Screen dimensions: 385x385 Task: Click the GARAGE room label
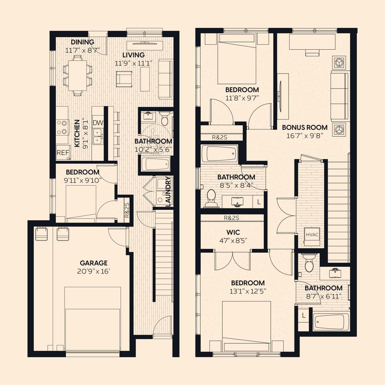pyautogui.click(x=94, y=263)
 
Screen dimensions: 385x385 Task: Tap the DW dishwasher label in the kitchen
pyautogui.click(x=98, y=123)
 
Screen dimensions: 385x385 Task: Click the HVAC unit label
pyautogui.click(x=312, y=235)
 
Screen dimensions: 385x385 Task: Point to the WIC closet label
pyautogui.click(x=233, y=232)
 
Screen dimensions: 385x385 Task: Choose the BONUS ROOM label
pyautogui.click(x=305, y=127)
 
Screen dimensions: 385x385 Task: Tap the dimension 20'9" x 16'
pyautogui.click(x=94, y=271)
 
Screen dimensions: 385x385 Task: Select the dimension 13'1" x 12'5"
pyautogui.click(x=248, y=291)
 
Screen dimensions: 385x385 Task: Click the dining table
pyautogui.click(x=77, y=75)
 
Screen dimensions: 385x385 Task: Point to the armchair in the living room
pyautogui.click(x=124, y=79)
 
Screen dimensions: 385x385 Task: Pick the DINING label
pyautogui.click(x=82, y=42)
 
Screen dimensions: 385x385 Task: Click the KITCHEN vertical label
pyautogui.click(x=77, y=133)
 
